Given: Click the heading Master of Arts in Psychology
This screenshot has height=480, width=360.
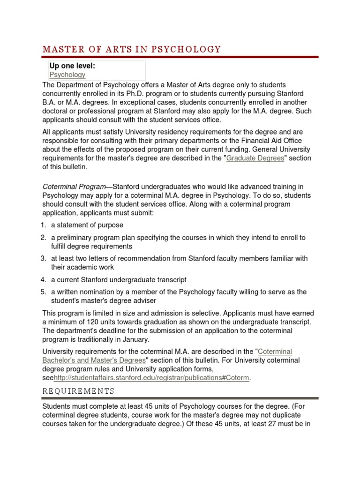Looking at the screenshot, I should (131, 49).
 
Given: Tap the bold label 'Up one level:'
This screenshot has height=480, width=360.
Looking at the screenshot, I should (72, 66).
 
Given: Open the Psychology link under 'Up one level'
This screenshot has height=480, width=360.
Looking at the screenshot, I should (67, 75).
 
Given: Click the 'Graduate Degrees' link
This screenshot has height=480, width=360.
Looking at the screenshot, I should (255, 158).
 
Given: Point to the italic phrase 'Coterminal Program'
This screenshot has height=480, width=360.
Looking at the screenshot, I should (74, 187).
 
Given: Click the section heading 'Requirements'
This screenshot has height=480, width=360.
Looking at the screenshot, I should (78, 391).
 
